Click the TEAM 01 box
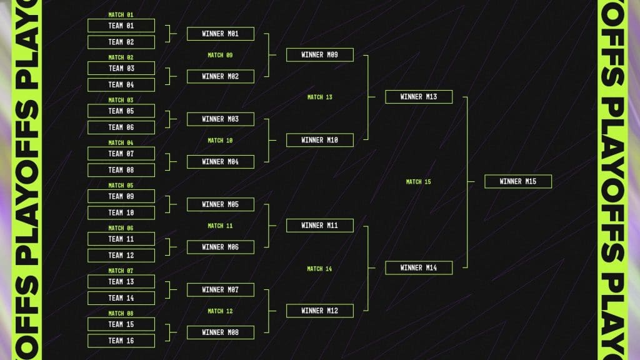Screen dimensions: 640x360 (x=121, y=26)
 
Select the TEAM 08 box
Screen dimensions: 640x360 (x=121, y=170)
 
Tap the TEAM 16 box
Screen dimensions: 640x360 (x=121, y=341)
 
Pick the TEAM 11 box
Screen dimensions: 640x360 (x=121, y=239)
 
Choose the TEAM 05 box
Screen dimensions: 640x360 (x=121, y=111)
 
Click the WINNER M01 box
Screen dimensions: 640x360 (x=221, y=34)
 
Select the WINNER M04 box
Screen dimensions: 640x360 (x=221, y=162)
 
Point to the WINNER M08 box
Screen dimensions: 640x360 (x=221, y=332)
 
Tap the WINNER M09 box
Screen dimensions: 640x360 (x=320, y=55)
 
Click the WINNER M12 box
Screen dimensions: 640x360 (x=320, y=311)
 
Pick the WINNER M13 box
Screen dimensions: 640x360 (x=419, y=97)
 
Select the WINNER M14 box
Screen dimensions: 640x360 (x=419, y=268)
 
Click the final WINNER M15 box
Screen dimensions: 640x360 (x=518, y=182)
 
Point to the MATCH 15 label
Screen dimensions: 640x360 (x=418, y=182)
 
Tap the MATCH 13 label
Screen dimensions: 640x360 (x=319, y=97)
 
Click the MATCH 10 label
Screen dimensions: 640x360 (x=220, y=141)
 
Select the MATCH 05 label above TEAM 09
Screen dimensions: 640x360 (x=121, y=185)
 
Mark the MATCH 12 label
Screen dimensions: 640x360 (x=220, y=311)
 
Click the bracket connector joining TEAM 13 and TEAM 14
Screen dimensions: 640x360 (x=171, y=290)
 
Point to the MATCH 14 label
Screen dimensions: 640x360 (x=319, y=269)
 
